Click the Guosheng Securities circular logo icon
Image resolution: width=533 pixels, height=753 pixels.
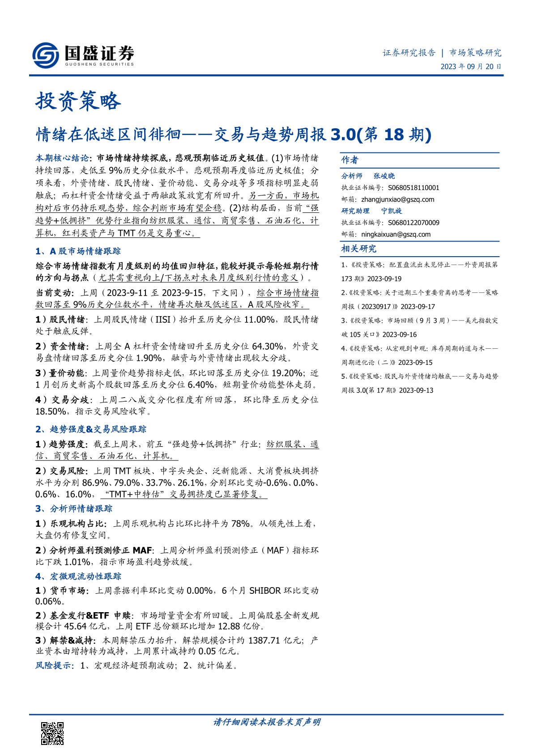click(x=45, y=55)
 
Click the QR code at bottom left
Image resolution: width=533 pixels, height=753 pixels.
click(x=52, y=733)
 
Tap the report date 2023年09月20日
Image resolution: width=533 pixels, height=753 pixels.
click(x=471, y=67)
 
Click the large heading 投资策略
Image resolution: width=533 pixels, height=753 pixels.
click(x=78, y=101)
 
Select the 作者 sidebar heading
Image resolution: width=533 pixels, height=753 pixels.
click(x=350, y=160)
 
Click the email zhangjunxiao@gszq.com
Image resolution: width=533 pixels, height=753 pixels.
click(x=397, y=199)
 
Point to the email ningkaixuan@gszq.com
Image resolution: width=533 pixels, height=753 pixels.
click(x=396, y=234)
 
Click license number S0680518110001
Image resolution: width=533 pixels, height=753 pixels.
click(x=414, y=188)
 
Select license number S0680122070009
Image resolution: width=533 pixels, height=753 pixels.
click(x=414, y=223)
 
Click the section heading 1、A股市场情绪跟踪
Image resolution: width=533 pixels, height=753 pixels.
click(x=78, y=251)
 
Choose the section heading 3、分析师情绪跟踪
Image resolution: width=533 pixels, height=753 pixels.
click(x=74, y=509)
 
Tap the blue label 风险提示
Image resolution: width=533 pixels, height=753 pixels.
click(x=53, y=665)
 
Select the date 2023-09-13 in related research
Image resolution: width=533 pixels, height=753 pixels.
click(x=416, y=390)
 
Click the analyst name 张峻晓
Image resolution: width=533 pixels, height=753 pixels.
click(x=384, y=176)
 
